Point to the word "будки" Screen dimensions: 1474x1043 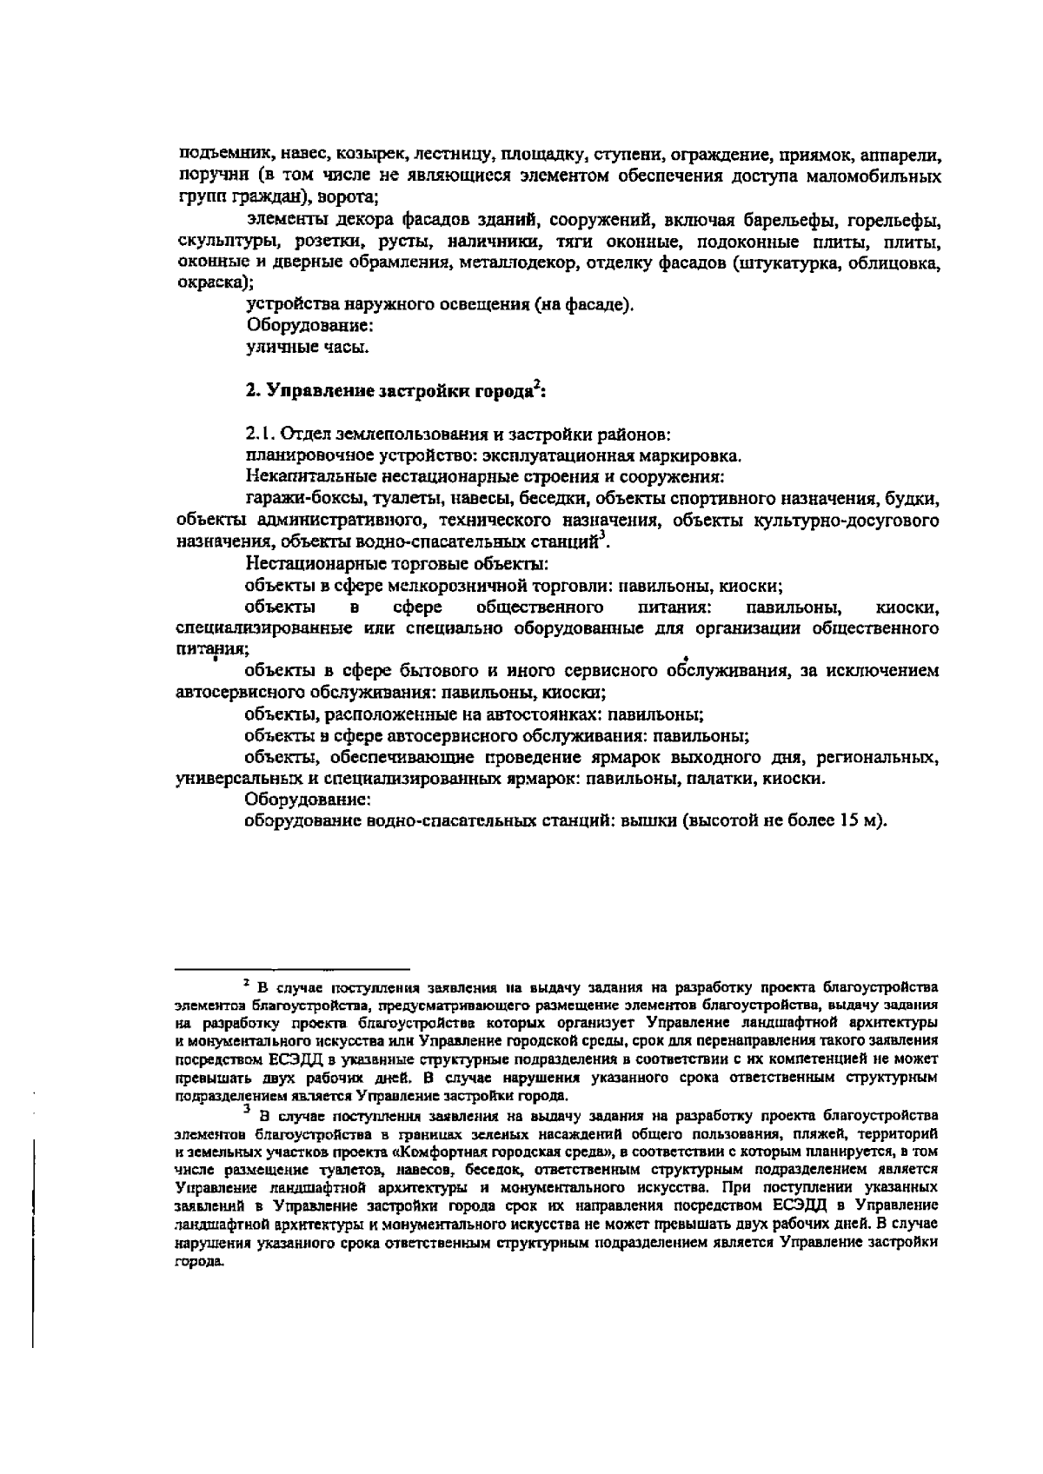tap(914, 499)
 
